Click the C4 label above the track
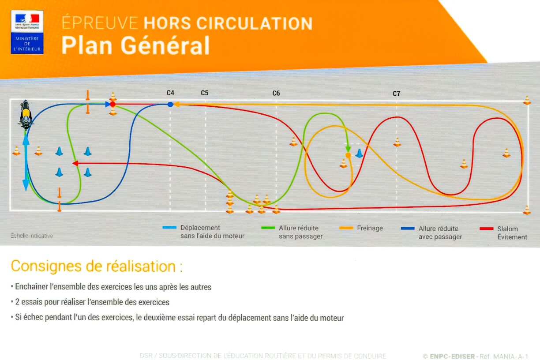point(170,93)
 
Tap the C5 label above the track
point(205,93)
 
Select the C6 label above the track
point(276,93)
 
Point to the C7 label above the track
point(397,94)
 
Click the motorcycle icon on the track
point(26,115)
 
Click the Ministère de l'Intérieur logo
point(27,32)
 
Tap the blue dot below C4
point(170,105)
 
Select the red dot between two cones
point(112,105)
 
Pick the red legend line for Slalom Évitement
point(486,229)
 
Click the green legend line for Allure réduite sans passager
point(268,228)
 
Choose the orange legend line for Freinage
point(346,228)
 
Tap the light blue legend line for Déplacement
point(169,227)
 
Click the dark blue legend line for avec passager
point(408,229)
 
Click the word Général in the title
point(165,45)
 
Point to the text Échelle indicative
point(32,236)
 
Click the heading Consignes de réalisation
point(97,266)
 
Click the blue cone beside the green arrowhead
point(359,154)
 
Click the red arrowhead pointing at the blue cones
point(75,164)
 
